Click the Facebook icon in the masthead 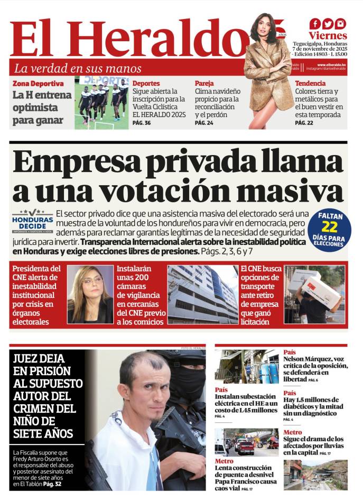tap(315, 23)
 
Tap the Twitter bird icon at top tap(328, 23)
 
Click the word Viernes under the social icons tap(328, 36)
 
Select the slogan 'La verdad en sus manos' tap(78, 68)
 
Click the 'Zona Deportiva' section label tap(38, 84)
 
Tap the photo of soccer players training tap(101, 103)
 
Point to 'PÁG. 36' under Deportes tap(141, 123)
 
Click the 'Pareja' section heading tap(204, 84)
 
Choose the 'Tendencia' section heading tap(310, 84)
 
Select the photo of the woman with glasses tap(90, 294)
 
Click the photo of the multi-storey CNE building tap(202, 294)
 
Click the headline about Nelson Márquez tap(315, 369)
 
